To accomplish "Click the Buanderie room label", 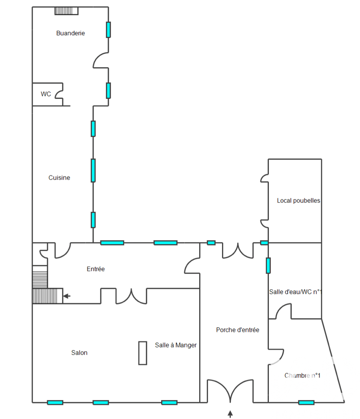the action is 70,33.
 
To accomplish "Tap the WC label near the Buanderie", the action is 46,94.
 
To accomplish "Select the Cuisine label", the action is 59,178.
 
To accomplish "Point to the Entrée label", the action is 96,269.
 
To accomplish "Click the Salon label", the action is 79,353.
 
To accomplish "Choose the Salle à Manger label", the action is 176,345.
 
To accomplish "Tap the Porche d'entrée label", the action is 238,330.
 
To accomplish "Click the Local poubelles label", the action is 298,201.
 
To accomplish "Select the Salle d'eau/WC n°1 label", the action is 295,292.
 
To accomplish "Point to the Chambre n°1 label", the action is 302,376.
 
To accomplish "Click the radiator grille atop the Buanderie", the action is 66,11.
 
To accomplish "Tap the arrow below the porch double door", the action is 230,414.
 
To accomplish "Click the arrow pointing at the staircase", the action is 67,296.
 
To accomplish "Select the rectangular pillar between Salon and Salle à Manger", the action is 143,353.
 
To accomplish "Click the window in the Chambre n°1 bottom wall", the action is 306,403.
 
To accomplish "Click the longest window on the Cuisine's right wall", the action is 93,170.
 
